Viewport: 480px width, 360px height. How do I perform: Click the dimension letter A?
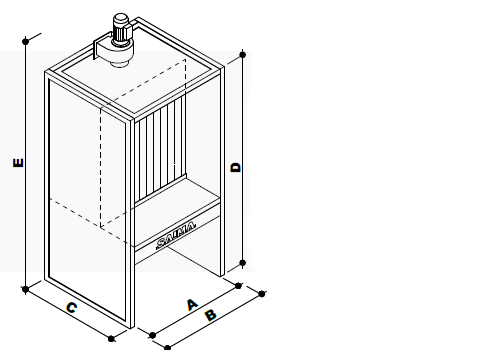coord(192,305)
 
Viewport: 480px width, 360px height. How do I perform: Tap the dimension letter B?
coord(211,315)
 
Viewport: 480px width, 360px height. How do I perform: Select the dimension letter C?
coord(72,307)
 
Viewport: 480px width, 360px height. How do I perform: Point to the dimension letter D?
coord(236,167)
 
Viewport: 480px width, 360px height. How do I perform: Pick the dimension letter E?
coord(18,163)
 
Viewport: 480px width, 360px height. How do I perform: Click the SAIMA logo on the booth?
coord(176,235)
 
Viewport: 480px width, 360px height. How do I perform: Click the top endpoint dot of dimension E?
coord(26,41)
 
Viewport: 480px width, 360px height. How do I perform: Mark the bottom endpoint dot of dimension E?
coord(25,289)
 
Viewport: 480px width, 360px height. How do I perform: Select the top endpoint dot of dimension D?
coord(243,54)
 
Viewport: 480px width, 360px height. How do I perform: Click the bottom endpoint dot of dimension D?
coord(243,263)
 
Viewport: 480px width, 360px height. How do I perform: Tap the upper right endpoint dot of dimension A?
coord(238,286)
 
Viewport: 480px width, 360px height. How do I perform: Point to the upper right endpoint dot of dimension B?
coord(262,294)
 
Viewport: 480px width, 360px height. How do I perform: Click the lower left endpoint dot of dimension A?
coord(152,335)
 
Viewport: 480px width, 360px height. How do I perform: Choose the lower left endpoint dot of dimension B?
coord(168,348)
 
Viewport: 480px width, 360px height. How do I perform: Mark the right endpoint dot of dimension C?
coord(112,339)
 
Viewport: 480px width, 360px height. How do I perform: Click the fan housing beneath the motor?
coord(113,53)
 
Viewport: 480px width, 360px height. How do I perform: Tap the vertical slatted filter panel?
coord(160,148)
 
